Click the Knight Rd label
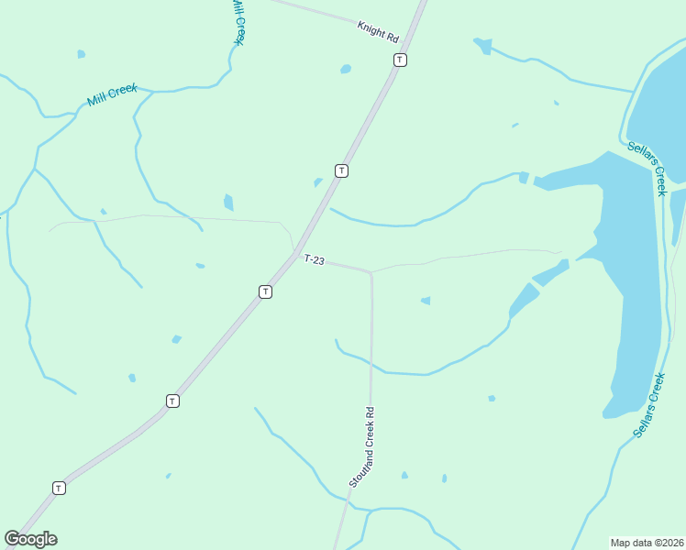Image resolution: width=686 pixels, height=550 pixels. pyautogui.click(x=378, y=31)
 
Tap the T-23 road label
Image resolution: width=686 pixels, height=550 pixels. pyautogui.click(x=315, y=260)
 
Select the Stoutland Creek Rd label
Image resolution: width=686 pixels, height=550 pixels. pyautogui.click(x=363, y=446)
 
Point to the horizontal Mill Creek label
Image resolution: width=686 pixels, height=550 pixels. pyautogui.click(x=112, y=94)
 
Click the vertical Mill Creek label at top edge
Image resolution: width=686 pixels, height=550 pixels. pyautogui.click(x=238, y=20)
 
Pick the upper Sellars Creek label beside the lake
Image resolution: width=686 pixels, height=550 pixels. pyautogui.click(x=647, y=167)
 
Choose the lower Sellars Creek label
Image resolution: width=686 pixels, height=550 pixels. pyautogui.click(x=648, y=405)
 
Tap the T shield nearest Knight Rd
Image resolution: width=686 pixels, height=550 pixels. pyautogui.click(x=400, y=60)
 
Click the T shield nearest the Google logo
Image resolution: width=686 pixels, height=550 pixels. pyautogui.click(x=59, y=488)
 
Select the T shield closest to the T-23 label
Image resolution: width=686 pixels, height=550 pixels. pyautogui.click(x=265, y=291)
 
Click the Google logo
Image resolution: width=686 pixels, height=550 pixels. pyautogui.click(x=30, y=539)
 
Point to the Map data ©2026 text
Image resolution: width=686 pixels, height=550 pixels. pyautogui.click(x=646, y=542)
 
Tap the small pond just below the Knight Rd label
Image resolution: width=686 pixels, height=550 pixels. pyautogui.click(x=346, y=69)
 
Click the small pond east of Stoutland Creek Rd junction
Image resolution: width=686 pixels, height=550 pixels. pyautogui.click(x=426, y=300)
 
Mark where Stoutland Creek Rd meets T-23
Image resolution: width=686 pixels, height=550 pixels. pyautogui.click(x=371, y=272)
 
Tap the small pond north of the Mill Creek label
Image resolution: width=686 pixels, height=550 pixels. pyautogui.click(x=82, y=54)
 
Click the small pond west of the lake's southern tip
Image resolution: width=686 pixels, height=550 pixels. pyautogui.click(x=492, y=398)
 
